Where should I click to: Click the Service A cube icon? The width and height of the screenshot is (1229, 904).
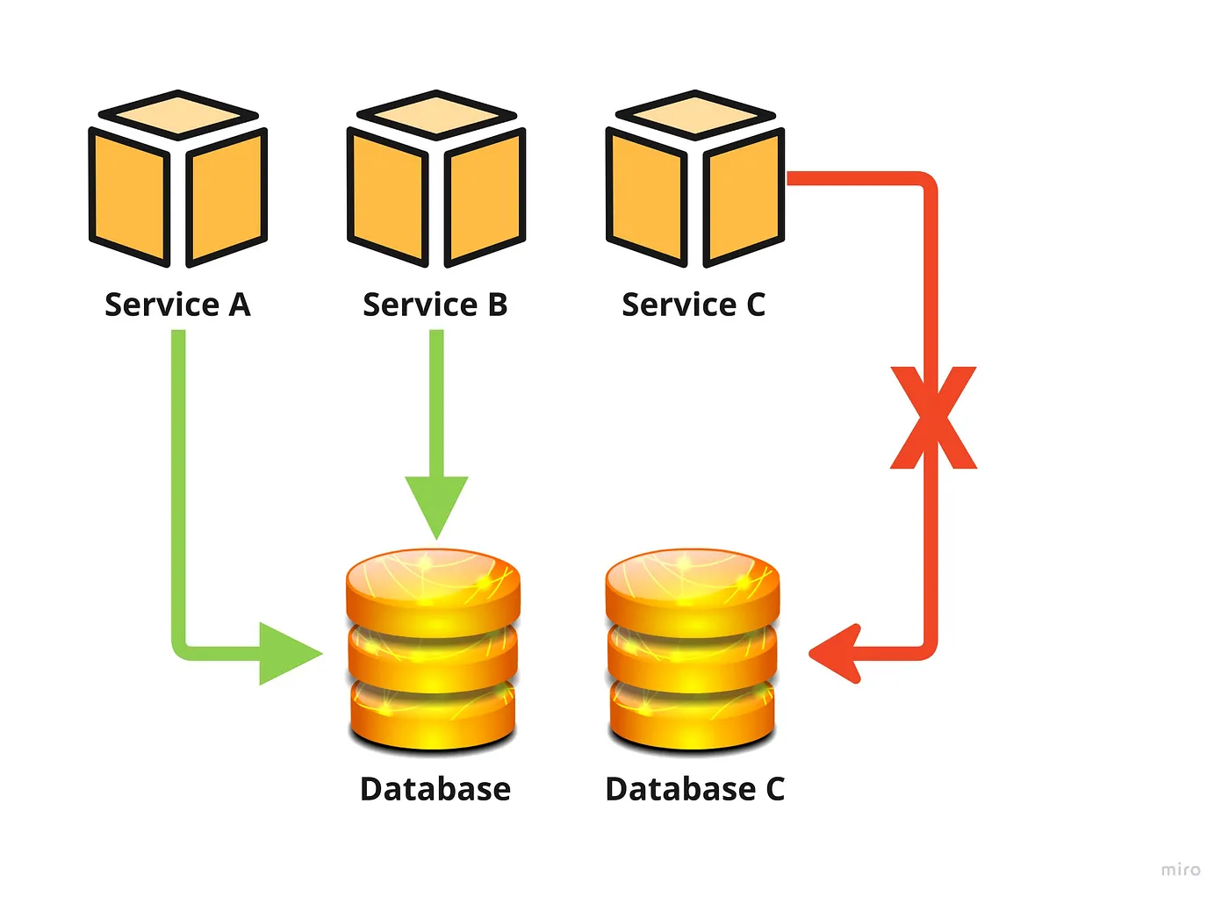pos(178,180)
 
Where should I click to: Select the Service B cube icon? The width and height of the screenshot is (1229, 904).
pos(436,180)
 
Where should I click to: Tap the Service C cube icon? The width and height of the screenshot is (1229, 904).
pos(694,180)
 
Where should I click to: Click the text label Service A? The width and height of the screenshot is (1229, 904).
pos(178,305)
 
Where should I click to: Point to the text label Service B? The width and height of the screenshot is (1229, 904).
pos(435,305)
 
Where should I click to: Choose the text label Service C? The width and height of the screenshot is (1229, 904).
pos(694,305)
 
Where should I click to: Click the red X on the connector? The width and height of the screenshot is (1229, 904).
pos(933,418)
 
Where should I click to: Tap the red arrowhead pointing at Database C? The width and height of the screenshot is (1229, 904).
pos(835,653)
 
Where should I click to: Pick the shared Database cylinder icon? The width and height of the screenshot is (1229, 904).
pos(435,649)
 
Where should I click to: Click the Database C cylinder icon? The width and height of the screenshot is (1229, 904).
pos(693,649)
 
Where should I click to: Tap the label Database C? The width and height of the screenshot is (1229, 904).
pos(694,789)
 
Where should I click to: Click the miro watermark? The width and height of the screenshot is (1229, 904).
pos(1180,870)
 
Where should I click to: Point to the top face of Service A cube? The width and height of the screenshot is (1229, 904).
pos(178,115)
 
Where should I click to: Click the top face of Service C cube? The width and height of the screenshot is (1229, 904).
pos(694,115)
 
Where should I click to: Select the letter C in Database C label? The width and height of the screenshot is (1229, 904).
pos(774,789)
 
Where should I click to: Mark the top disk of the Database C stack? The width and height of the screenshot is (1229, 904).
pos(693,584)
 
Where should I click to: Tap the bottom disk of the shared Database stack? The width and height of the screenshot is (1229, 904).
pos(435,715)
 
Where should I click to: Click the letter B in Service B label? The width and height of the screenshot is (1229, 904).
pos(497,305)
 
